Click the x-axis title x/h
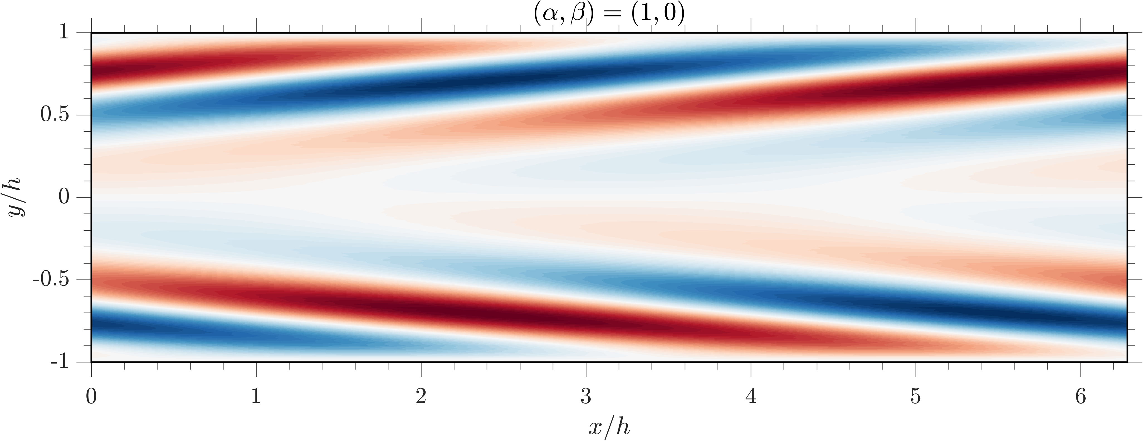(609, 427)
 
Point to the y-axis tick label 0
(65, 197)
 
